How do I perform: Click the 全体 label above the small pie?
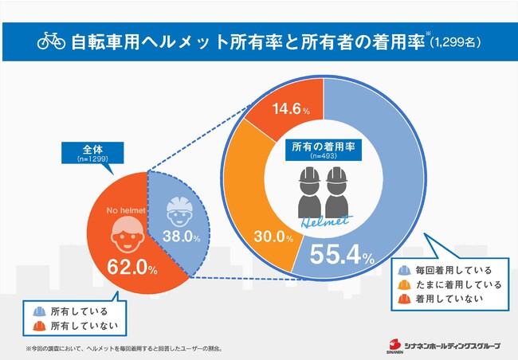tap(90, 148)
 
